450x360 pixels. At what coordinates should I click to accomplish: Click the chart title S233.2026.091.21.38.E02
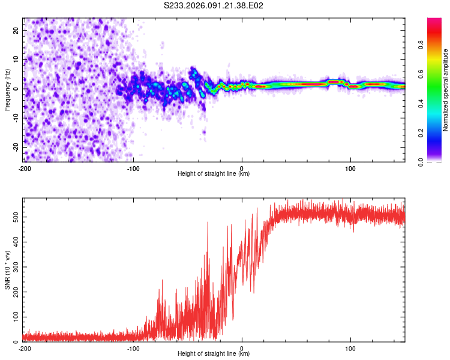point(214,5)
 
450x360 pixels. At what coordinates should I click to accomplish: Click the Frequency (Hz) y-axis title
point(7,89)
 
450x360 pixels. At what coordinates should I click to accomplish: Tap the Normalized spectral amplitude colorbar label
point(446,90)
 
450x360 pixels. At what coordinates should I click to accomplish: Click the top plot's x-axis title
point(214,173)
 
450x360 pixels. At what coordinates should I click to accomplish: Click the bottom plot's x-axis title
point(214,353)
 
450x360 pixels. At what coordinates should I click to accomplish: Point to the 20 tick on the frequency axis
point(16,30)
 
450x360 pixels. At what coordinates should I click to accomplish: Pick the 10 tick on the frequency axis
point(16,59)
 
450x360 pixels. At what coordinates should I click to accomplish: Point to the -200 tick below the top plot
point(25,167)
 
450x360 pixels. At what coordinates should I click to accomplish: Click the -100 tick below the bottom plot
point(133,347)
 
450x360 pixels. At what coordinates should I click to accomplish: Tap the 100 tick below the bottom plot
point(351,347)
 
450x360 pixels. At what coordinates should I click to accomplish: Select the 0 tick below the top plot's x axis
point(242,167)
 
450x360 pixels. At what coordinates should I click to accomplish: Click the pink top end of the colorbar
point(434,21)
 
